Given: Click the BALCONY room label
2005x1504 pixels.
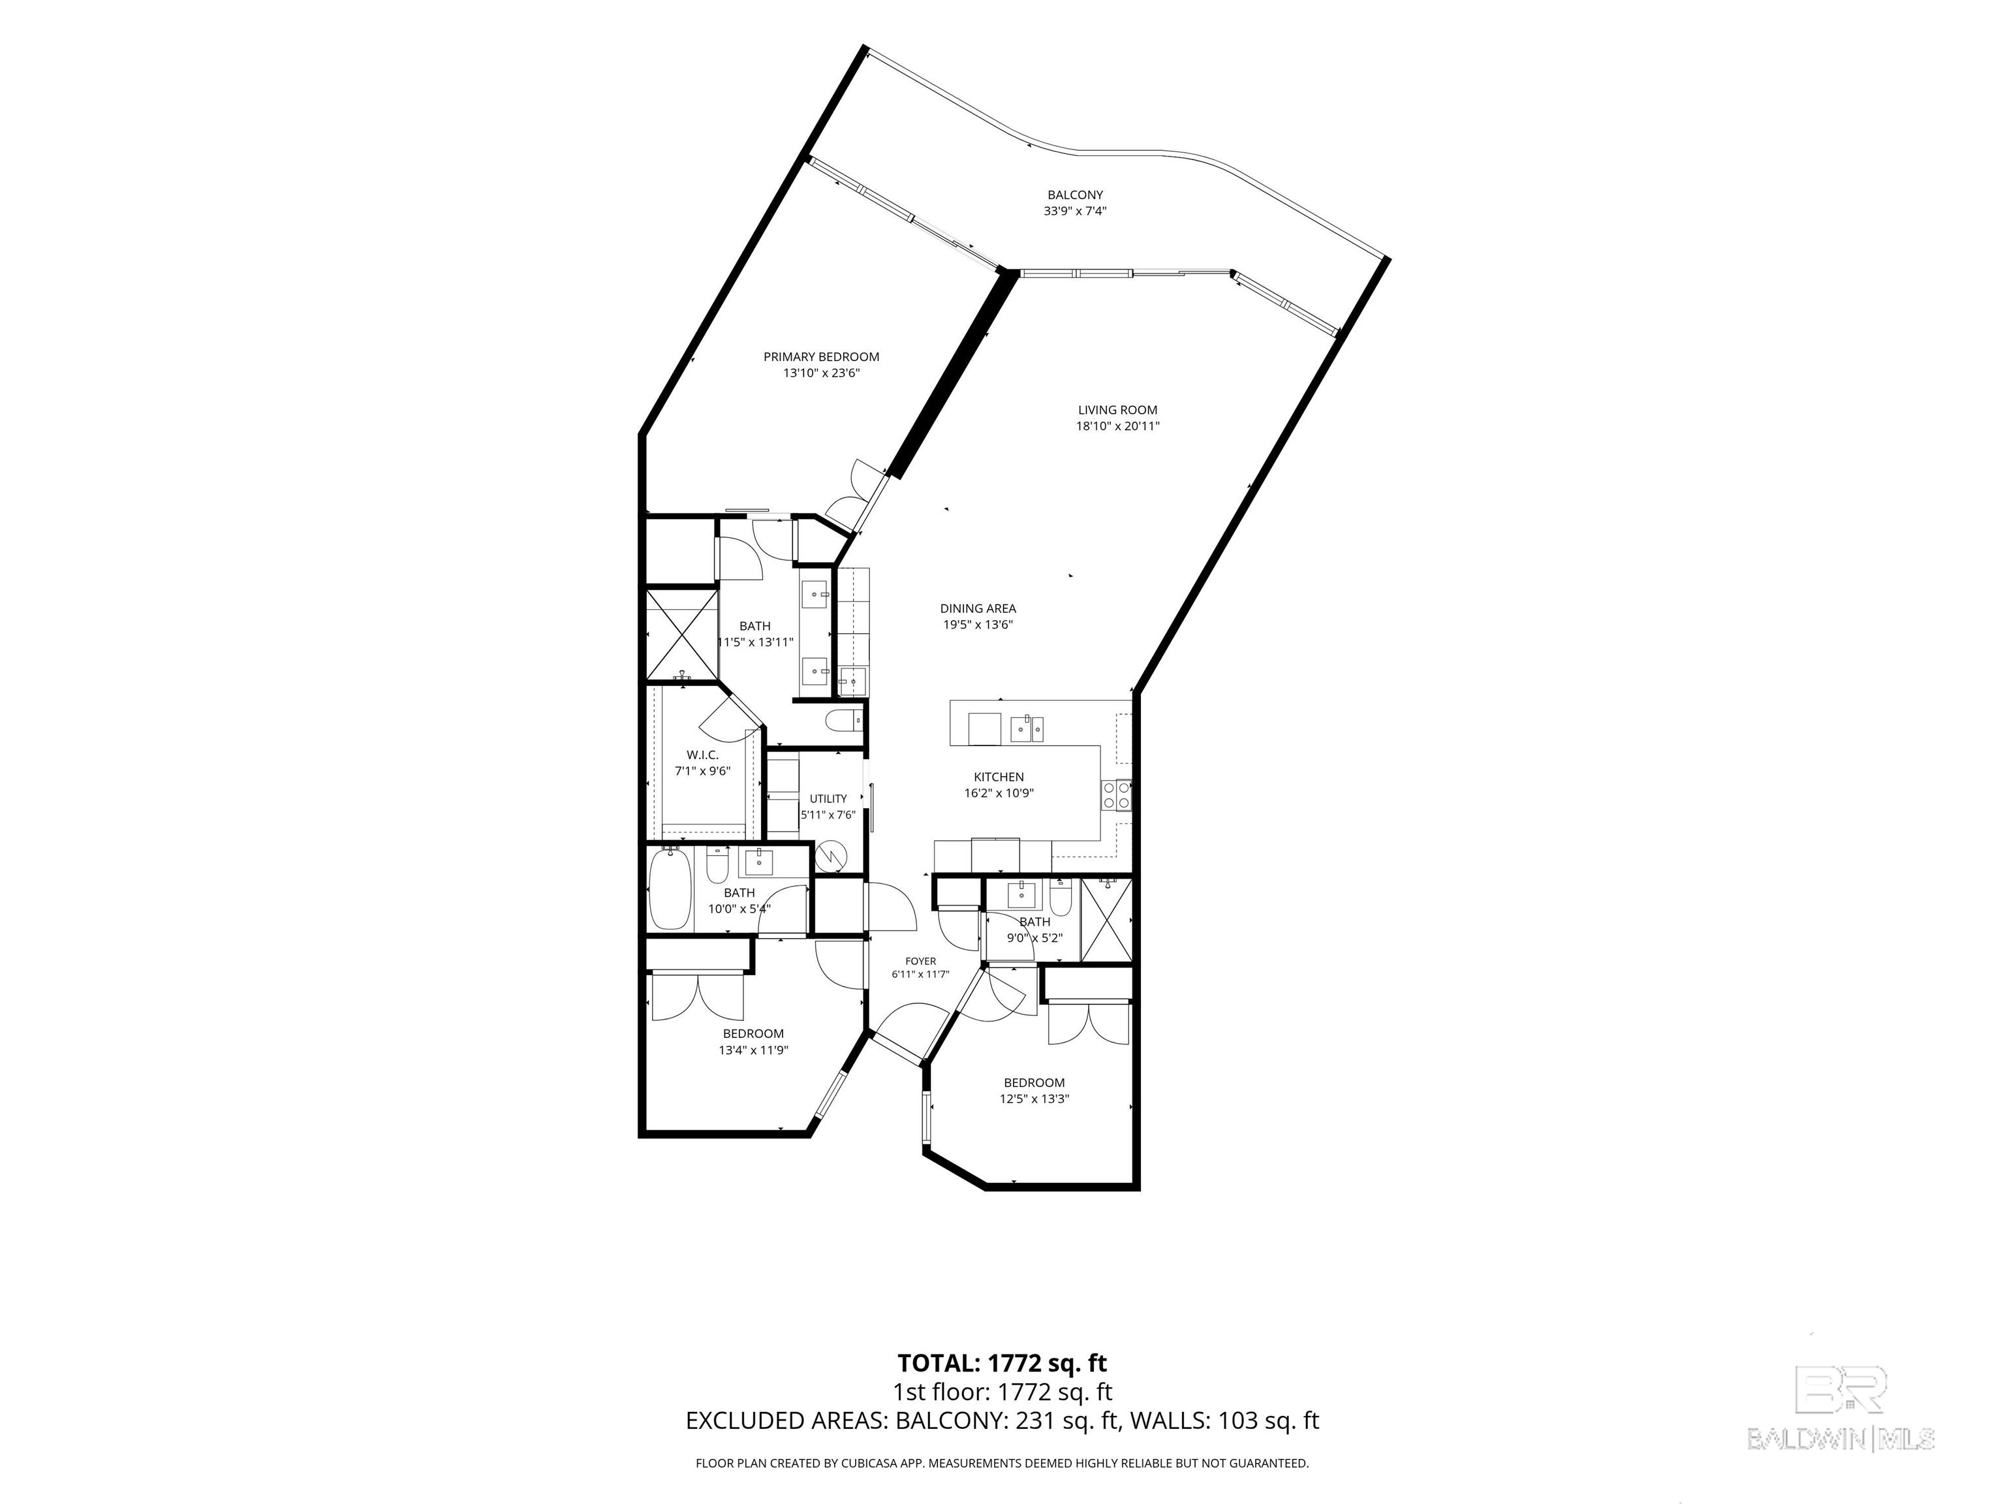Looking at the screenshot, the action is (1075, 195).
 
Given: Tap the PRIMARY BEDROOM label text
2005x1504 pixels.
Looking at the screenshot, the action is (821, 357).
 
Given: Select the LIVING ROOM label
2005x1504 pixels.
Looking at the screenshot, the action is (1117, 410).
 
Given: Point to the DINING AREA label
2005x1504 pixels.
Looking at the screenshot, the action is (978, 608).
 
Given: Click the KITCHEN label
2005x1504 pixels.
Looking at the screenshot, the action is (999, 777).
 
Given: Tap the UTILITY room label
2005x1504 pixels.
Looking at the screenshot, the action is (828, 799).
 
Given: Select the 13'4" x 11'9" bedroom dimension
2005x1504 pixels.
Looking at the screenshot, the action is (753, 1051).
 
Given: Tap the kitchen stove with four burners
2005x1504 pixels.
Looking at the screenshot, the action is (1116, 795).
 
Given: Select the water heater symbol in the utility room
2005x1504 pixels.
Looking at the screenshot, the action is (830, 856).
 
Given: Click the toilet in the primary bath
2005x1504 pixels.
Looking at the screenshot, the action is (842, 721).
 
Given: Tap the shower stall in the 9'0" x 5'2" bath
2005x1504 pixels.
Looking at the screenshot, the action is (1107, 919).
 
